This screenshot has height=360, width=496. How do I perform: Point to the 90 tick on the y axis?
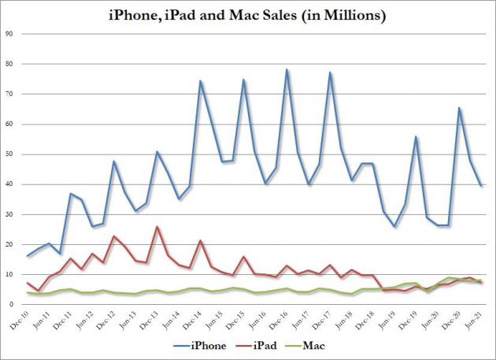9,33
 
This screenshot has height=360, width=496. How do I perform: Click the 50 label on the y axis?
9,154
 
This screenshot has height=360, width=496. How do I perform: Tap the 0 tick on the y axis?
12,305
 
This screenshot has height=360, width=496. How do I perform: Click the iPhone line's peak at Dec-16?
287,69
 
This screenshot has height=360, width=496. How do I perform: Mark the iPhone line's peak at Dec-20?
459,108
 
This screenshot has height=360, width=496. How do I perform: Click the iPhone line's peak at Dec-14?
201,80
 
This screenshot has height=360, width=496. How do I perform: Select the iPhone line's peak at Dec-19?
416,137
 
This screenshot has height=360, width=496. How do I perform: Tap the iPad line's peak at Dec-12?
115,236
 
